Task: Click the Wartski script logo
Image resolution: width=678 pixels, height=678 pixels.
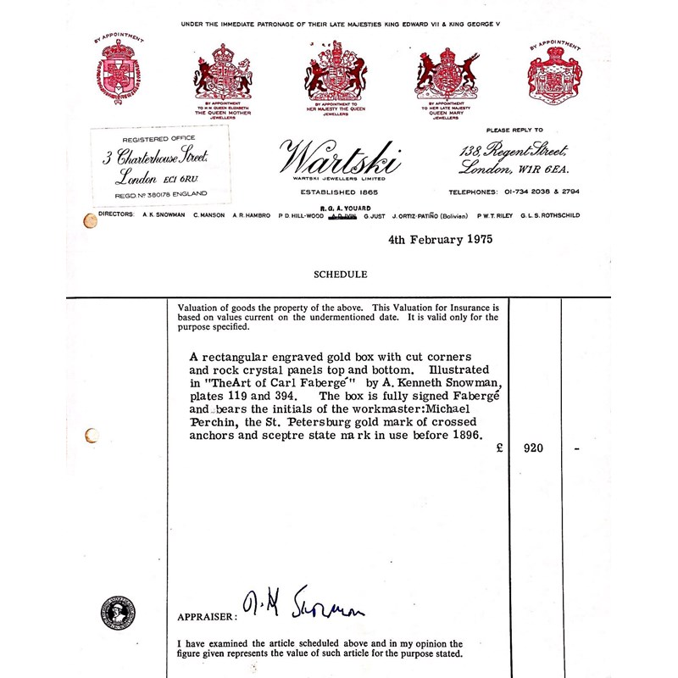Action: (340, 158)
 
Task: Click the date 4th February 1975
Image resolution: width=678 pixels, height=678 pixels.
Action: (440, 240)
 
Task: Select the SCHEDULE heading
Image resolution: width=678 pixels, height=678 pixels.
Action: (340, 275)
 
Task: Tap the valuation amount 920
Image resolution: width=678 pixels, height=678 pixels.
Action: (533, 448)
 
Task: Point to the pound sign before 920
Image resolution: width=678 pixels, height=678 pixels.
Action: (499, 448)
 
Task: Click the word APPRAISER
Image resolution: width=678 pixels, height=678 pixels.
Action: (206, 617)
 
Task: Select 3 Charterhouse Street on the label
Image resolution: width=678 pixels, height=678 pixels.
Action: (154, 158)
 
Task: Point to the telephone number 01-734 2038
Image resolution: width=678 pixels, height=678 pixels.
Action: (530, 192)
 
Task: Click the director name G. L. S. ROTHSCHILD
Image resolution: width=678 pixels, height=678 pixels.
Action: (550, 215)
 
